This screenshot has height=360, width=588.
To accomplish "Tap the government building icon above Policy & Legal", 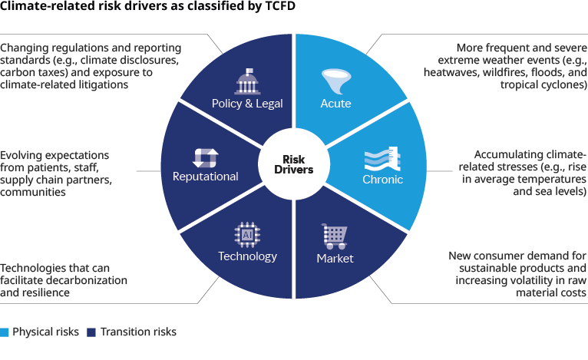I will tap(247, 81).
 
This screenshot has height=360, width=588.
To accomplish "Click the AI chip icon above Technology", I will tap(248, 234).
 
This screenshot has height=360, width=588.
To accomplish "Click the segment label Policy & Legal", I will tap(248, 104).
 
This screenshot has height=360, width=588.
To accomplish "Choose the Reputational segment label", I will tap(205, 177).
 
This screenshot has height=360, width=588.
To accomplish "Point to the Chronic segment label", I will tap(382, 180).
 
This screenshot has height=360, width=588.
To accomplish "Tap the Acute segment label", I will tap(335, 103).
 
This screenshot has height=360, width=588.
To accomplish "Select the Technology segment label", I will tap(248, 256).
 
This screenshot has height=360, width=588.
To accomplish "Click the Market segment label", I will tap(335, 258).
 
